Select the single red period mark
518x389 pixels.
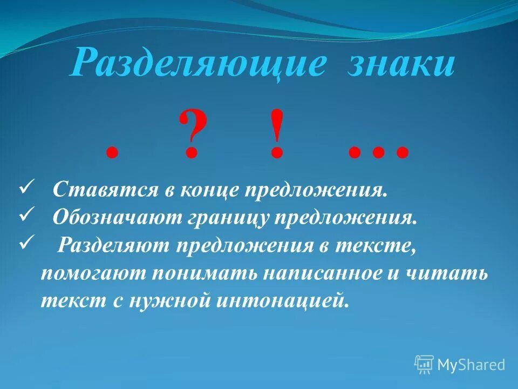click(x=112, y=153)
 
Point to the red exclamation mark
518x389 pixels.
click(x=276, y=133)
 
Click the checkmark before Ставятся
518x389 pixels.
click(x=27, y=188)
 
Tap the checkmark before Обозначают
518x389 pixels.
click(x=27, y=215)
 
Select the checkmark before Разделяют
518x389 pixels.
click(x=27, y=242)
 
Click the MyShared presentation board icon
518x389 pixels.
click(x=424, y=365)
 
